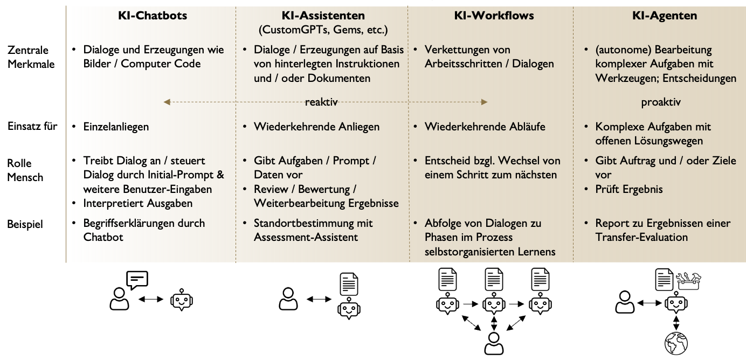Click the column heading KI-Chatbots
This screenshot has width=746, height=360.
[153, 16]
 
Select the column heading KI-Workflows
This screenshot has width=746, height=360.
[494, 16]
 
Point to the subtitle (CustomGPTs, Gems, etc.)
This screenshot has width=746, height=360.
[323, 30]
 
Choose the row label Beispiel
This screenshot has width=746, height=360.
[24, 223]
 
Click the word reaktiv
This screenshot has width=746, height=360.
[321, 102]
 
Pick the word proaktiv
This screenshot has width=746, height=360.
[661, 102]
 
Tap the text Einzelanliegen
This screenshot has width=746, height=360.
[116, 127]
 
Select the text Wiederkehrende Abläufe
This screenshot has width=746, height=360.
[485, 127]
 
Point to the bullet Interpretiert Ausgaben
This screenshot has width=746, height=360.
[138, 203]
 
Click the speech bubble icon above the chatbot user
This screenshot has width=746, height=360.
[136, 280]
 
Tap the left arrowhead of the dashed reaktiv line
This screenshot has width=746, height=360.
[167, 102]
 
